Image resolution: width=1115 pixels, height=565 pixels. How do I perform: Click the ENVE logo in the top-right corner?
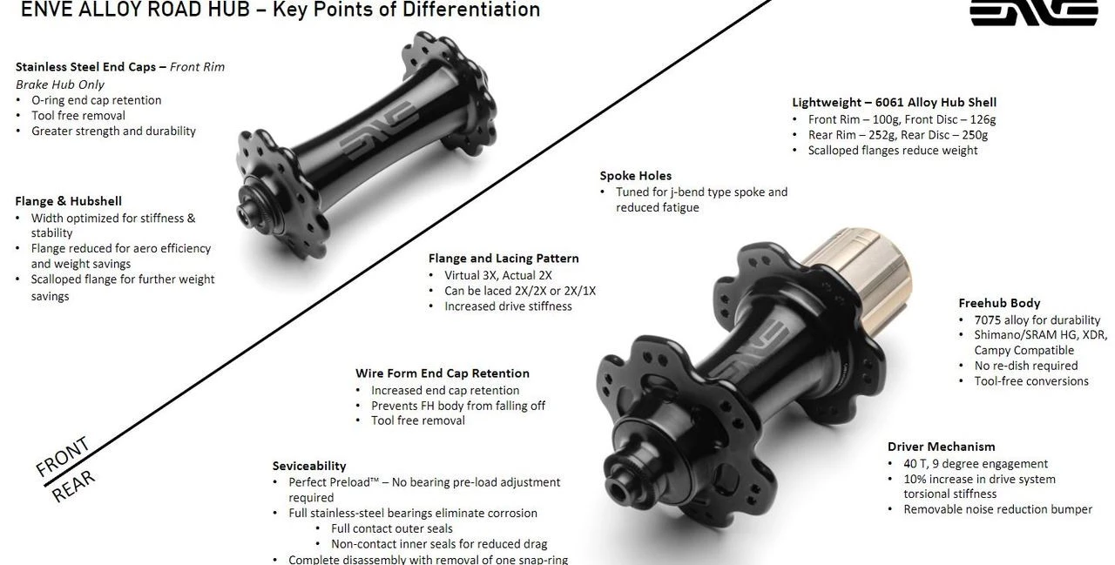pos(1034,12)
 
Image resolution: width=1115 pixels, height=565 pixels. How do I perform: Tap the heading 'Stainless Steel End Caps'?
pos(85,67)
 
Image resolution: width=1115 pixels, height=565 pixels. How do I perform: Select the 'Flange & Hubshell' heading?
pos(68,201)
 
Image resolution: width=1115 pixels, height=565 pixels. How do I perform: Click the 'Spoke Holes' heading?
pos(635,176)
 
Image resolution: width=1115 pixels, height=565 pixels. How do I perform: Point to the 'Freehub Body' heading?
pos(999,303)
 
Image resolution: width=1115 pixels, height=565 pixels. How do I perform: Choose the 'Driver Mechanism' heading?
pos(941,447)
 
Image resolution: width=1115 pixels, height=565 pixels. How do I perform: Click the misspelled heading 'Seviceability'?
pos(308,466)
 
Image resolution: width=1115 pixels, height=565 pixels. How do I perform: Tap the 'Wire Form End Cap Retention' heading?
pos(442,373)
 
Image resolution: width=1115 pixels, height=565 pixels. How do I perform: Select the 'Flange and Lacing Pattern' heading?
pos(503,259)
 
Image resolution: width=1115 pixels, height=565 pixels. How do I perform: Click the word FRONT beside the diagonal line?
pos(63,456)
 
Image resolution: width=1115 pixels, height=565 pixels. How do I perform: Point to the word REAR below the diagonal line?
pos(73,486)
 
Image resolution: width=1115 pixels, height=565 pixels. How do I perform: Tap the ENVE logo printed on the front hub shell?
pos(379,131)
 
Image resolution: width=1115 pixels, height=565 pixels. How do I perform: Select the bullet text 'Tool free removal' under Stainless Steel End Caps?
pos(78,116)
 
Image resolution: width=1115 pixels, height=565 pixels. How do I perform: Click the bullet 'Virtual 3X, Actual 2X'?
pos(497,276)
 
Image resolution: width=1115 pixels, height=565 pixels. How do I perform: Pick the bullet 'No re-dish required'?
pos(1026,366)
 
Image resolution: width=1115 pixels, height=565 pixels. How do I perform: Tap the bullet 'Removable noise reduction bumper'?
pos(997,509)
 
